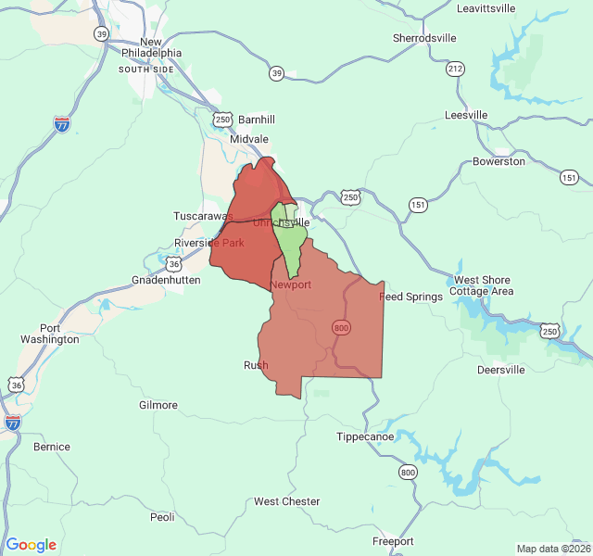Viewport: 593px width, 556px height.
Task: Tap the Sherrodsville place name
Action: (x=424, y=38)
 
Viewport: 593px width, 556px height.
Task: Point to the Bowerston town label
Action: (x=498, y=161)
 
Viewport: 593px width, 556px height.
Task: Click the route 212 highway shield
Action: (x=455, y=69)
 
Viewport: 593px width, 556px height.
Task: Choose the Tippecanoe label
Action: (x=365, y=436)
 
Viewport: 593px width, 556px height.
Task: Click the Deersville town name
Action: (x=500, y=370)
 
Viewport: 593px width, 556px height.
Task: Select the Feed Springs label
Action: (x=409, y=297)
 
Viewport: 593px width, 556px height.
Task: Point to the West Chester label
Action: (x=287, y=501)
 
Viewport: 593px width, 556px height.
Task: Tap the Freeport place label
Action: (x=393, y=541)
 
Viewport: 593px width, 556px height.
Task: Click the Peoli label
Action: (x=162, y=517)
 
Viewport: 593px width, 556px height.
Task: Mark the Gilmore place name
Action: (x=158, y=405)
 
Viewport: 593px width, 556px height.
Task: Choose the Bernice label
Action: (x=52, y=447)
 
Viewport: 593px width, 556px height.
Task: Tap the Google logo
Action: (x=32, y=545)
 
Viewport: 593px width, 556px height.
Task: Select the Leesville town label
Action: (x=466, y=115)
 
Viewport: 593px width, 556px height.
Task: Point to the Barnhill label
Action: (x=257, y=120)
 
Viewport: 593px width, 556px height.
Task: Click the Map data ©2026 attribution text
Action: (x=551, y=549)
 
